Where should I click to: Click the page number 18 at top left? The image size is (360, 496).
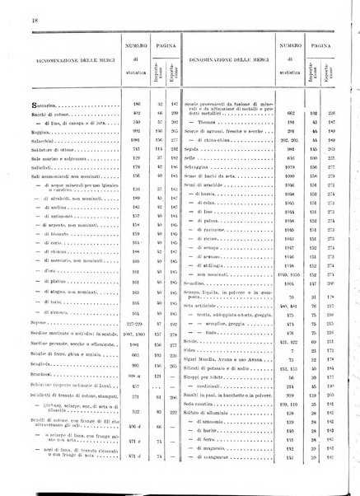pos(13,8)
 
